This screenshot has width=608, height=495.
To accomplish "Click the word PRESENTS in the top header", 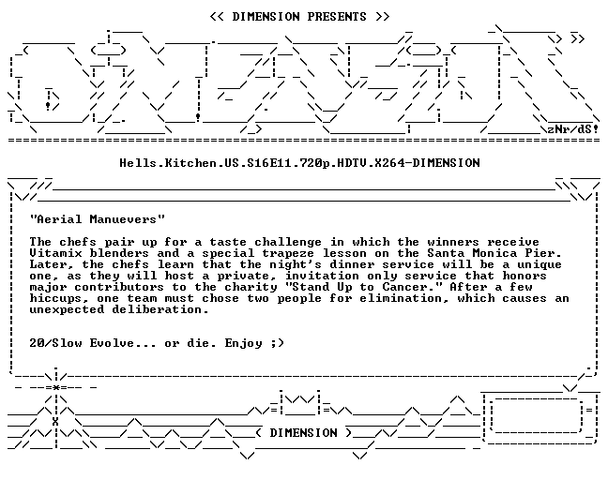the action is point(337,17).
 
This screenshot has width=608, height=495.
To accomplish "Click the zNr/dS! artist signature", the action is point(573,129).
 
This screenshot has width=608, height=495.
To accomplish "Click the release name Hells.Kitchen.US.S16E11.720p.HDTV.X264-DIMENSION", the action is point(299,163).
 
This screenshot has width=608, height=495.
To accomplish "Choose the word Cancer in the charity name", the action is point(404,287).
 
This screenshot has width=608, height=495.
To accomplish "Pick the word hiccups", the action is point(56,298).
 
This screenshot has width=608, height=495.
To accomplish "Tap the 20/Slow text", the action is point(56,343).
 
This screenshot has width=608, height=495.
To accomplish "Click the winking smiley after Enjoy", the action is point(278,343).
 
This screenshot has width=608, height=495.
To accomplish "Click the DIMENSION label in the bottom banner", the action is point(303,432).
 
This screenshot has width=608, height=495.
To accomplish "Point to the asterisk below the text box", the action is point(56,387).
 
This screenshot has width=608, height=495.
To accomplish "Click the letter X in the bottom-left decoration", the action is point(55,422).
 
